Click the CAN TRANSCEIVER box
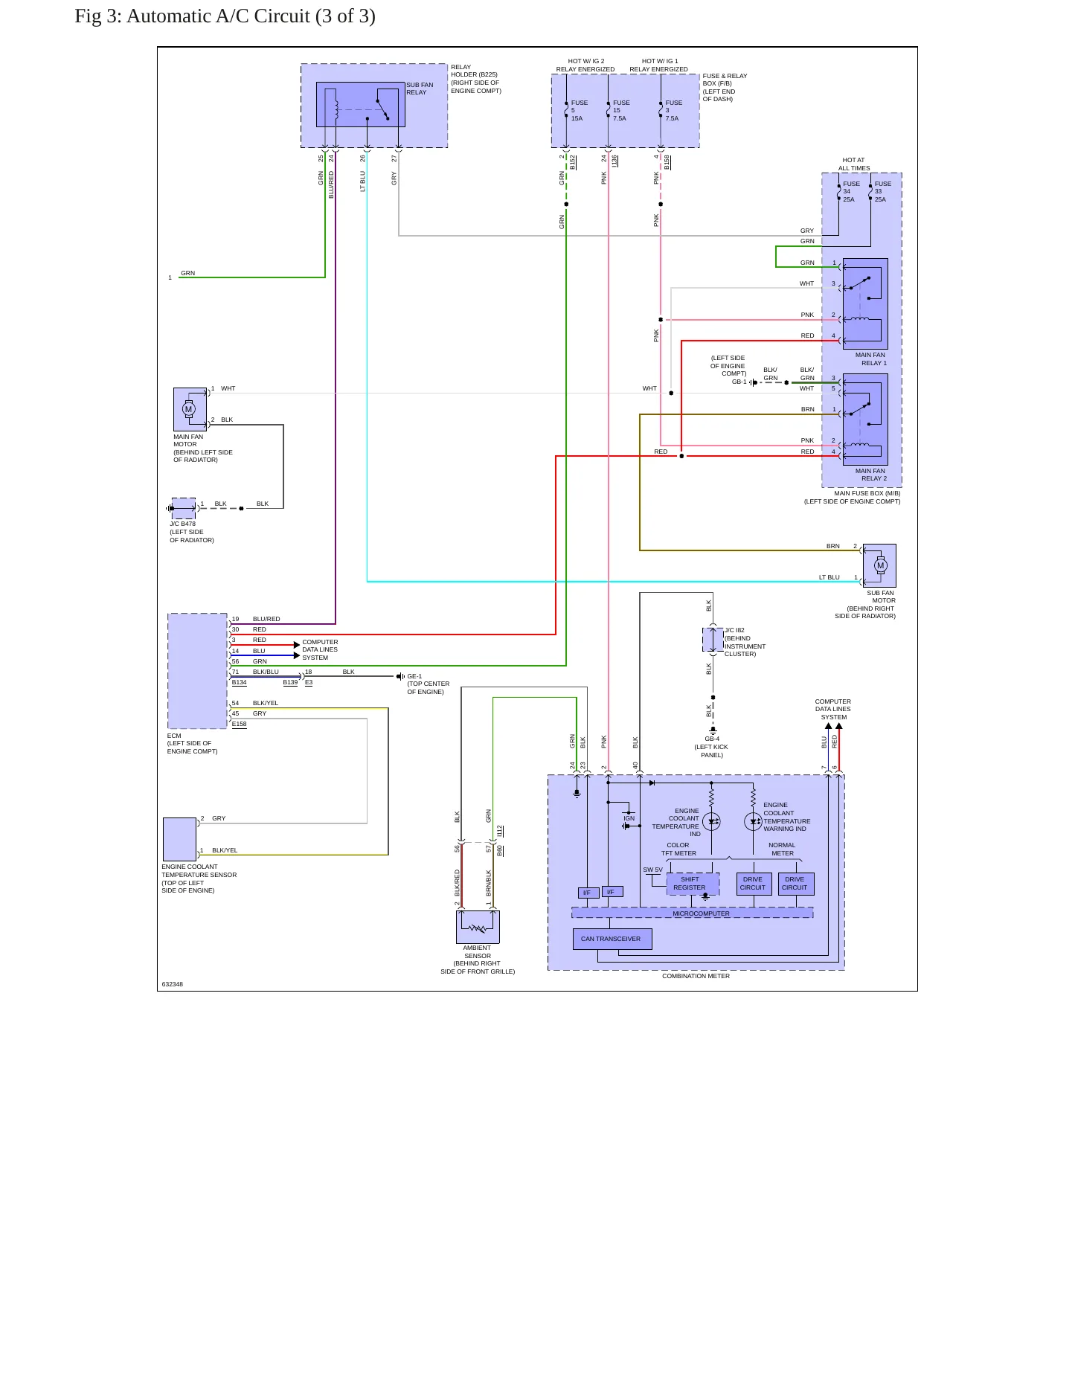click(x=612, y=939)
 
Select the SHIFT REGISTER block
click(x=693, y=884)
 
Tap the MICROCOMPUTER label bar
click(x=692, y=913)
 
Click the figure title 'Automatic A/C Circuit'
click(x=218, y=16)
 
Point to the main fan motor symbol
click(x=189, y=409)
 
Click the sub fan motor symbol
click(x=880, y=565)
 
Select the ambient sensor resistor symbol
click(x=478, y=927)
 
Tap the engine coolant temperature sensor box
click(x=179, y=839)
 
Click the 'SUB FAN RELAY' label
click(x=420, y=89)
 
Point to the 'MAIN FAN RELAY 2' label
click(x=870, y=475)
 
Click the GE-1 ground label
click(x=414, y=676)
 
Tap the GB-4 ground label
click(x=712, y=739)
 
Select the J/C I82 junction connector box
click(x=713, y=639)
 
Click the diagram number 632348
click(x=172, y=984)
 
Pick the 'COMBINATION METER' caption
click(x=696, y=976)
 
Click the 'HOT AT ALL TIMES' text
click(x=853, y=164)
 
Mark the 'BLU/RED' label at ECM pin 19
click(x=266, y=619)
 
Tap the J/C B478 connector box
click(x=184, y=508)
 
